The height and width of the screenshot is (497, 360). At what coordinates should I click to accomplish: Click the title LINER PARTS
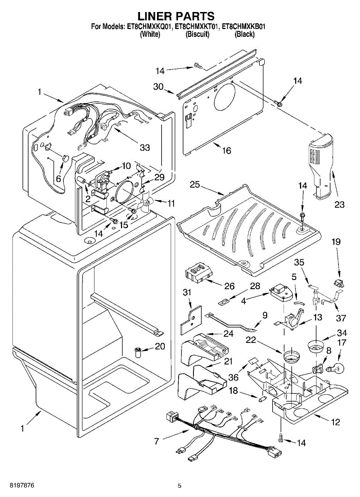(x=176, y=16)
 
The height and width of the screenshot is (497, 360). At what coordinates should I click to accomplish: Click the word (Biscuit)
(x=197, y=34)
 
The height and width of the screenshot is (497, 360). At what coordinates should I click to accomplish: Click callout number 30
(x=158, y=87)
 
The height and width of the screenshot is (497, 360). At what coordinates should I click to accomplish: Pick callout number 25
(x=195, y=185)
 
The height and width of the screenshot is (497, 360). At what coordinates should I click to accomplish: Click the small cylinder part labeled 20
(x=138, y=353)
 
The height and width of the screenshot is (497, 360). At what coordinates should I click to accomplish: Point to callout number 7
(x=156, y=441)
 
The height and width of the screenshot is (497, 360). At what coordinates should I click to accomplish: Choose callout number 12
(x=335, y=422)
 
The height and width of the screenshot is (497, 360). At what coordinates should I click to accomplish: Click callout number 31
(x=187, y=292)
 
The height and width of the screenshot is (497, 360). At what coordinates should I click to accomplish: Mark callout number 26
(x=229, y=286)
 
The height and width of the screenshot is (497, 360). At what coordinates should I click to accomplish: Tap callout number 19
(x=336, y=241)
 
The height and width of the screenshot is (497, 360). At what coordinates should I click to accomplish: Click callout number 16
(x=226, y=150)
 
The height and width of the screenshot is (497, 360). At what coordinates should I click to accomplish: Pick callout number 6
(x=58, y=179)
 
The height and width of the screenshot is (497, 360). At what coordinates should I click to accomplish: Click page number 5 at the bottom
(x=179, y=485)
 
